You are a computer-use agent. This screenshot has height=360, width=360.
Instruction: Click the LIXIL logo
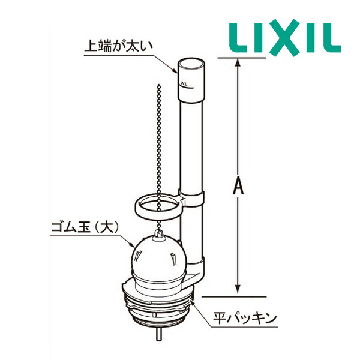[284, 38]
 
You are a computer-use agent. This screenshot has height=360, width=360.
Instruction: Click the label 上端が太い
[118, 46]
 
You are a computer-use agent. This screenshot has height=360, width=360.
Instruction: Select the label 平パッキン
[245, 318]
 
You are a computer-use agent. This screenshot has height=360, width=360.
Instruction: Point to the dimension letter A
[238, 186]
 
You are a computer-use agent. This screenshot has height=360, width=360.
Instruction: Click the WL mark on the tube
[184, 83]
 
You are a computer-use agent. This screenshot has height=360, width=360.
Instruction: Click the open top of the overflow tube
[191, 63]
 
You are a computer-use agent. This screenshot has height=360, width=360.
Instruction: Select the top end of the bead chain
[159, 86]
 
